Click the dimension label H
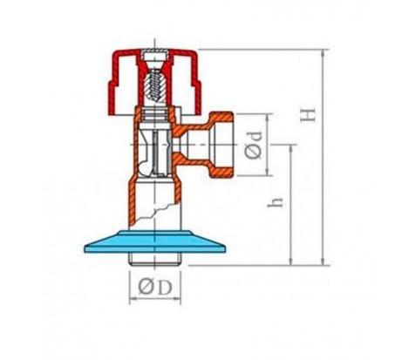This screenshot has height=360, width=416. [x=308, y=115]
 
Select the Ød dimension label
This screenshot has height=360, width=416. [x=254, y=146]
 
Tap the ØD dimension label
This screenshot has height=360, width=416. [x=155, y=288]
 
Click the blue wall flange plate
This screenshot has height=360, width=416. [x=155, y=242]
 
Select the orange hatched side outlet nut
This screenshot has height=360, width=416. [x=222, y=145]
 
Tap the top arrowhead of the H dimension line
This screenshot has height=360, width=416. [x=324, y=53]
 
